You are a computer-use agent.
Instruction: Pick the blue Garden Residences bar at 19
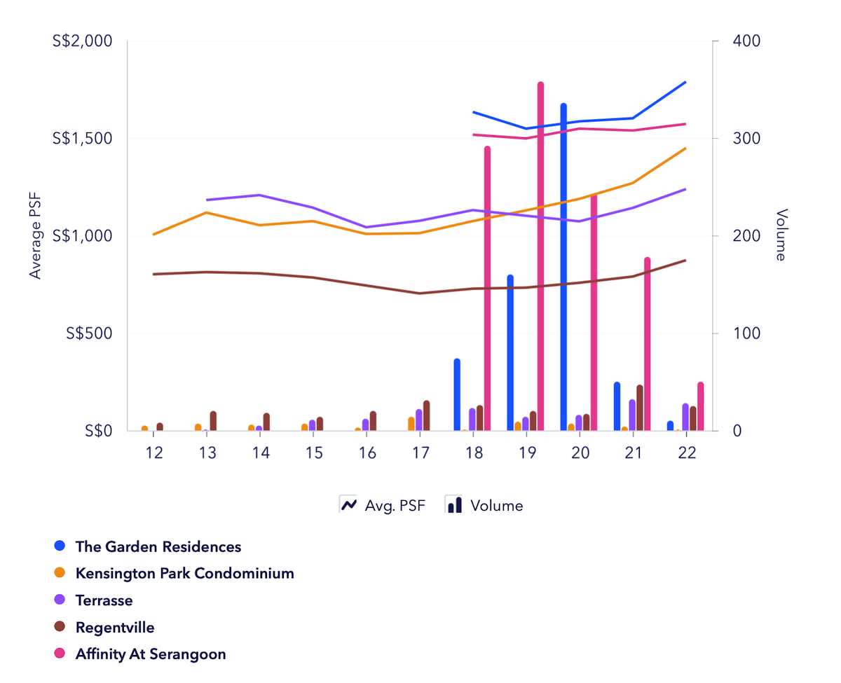point(510,353)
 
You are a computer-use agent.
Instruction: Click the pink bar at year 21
point(647,344)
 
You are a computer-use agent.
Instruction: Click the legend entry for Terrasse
point(104,600)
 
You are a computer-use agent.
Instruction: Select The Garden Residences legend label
point(158,546)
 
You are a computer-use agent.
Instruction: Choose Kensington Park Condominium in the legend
point(184,573)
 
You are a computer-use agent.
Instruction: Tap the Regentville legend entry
point(114,627)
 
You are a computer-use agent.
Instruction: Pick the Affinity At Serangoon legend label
point(151,654)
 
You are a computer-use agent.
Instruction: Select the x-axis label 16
point(367,453)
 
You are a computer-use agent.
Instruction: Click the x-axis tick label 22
point(686,453)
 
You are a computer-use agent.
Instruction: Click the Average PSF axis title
point(36,235)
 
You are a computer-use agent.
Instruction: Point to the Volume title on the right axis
point(781,235)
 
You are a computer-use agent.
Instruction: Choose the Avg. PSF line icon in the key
point(348,505)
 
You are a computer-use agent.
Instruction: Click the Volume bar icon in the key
point(454,505)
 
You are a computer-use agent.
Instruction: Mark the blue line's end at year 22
point(685,82)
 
